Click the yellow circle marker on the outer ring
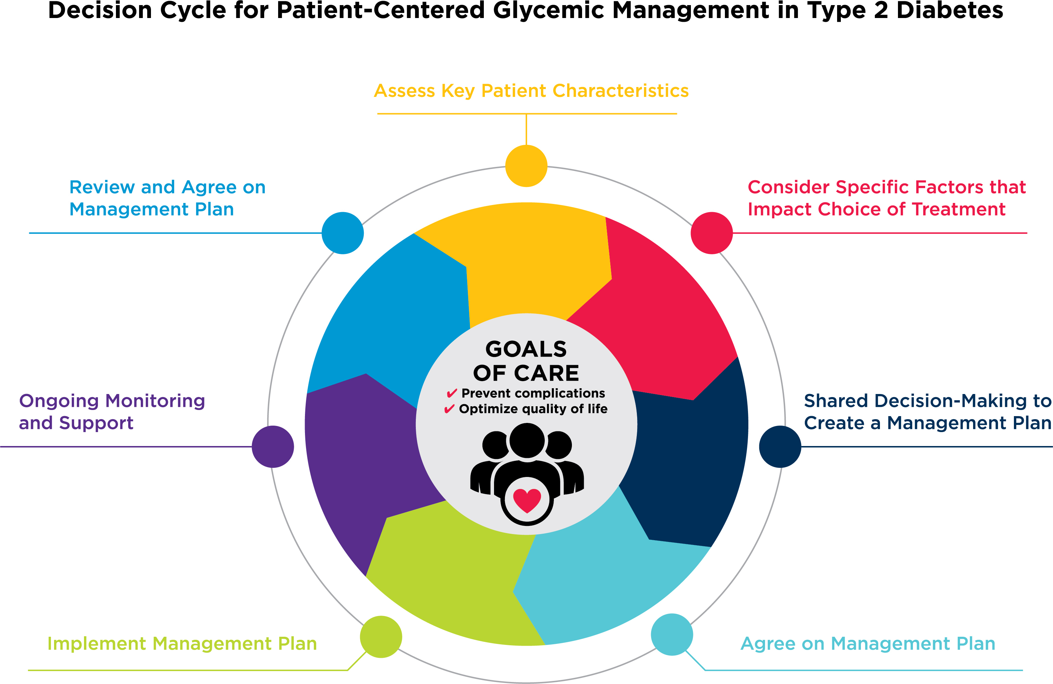pyautogui.click(x=526, y=166)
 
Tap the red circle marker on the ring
pyautogui.click(x=711, y=233)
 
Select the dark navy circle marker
pyautogui.click(x=780, y=446)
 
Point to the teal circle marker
pyautogui.click(x=672, y=634)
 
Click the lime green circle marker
pyautogui.click(x=380, y=637)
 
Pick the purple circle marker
pyautogui.click(x=273, y=446)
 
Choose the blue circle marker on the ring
pyautogui.click(x=342, y=233)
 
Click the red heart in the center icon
pyautogui.click(x=527, y=500)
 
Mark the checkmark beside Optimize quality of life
pyautogui.click(x=449, y=409)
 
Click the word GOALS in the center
pyautogui.click(x=526, y=349)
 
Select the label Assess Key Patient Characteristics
pyautogui.click(x=531, y=91)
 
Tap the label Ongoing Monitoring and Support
pyautogui.click(x=112, y=411)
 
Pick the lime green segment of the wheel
pyautogui.click(x=447, y=575)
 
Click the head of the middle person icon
pyautogui.click(x=527, y=440)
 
